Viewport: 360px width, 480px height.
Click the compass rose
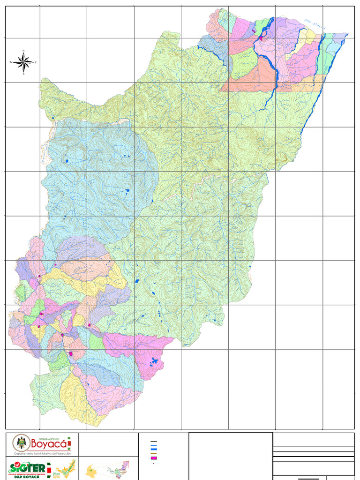23,61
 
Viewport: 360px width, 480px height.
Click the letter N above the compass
23,51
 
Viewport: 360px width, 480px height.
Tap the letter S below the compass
23,74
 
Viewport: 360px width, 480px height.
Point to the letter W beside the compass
11,62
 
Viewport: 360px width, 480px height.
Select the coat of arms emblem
20,442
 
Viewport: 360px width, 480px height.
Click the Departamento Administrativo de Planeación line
42,454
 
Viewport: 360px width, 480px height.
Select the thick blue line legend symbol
154,449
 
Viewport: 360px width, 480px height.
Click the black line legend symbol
154,442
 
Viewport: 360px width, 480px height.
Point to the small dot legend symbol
154,464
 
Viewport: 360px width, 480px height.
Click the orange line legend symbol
154,453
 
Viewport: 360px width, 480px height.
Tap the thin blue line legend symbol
154,445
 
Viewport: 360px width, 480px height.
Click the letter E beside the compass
36,62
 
